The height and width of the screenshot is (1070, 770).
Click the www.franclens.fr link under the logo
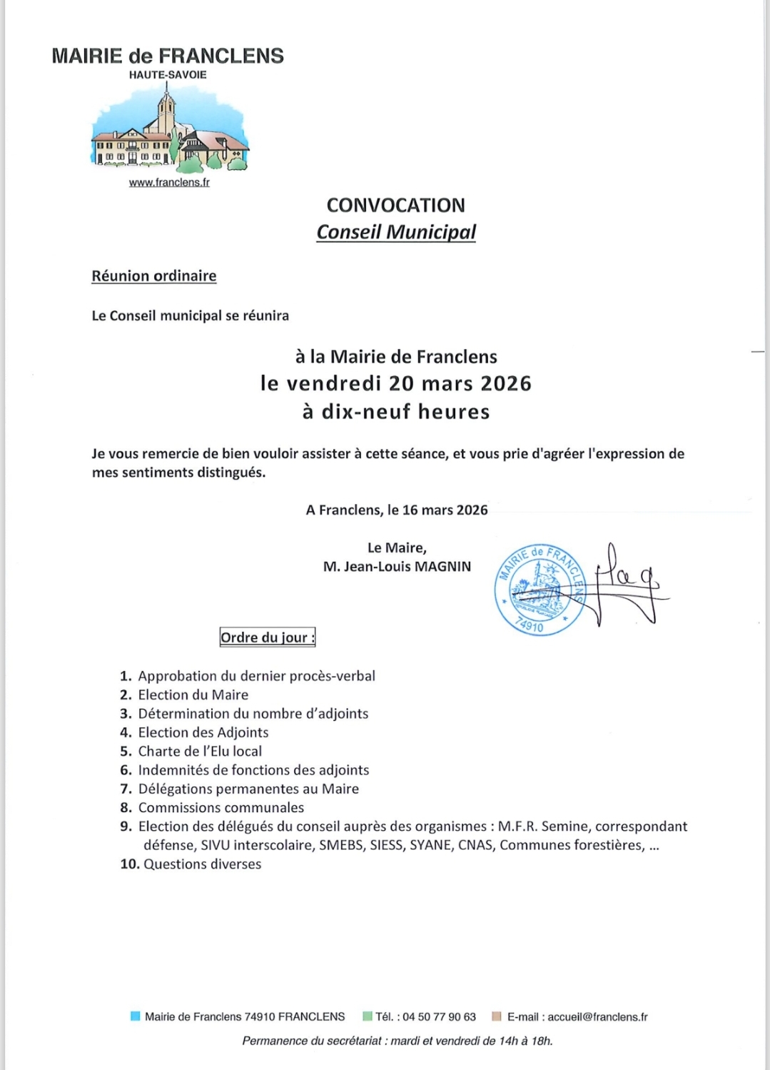coord(169,182)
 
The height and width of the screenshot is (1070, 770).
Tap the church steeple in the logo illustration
coord(166,107)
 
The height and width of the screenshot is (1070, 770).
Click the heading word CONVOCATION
coord(395,206)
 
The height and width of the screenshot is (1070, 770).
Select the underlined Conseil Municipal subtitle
coord(396,232)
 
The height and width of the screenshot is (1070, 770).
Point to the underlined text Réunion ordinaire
coord(153,276)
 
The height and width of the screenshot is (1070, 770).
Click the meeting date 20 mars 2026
coord(460,383)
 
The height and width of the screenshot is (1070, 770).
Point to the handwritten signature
coord(628,582)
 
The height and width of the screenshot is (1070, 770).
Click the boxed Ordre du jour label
coord(267,637)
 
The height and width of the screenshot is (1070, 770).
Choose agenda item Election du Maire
coord(193,695)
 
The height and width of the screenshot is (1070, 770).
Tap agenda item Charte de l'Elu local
coord(200,751)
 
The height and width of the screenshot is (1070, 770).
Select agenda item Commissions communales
coord(221,807)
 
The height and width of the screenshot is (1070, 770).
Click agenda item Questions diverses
coord(202,864)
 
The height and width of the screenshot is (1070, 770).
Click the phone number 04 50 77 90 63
coord(439,1016)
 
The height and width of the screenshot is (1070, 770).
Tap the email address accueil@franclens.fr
coord(597,1016)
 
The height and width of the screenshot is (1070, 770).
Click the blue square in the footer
coord(135,1016)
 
